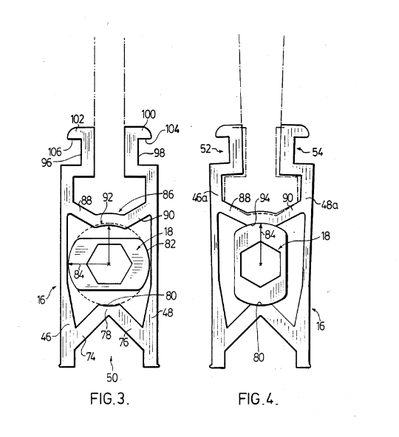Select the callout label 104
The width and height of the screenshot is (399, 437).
click(x=172, y=128)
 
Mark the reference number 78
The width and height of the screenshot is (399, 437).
click(x=108, y=334)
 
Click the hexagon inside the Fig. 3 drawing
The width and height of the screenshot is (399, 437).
click(x=109, y=263)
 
